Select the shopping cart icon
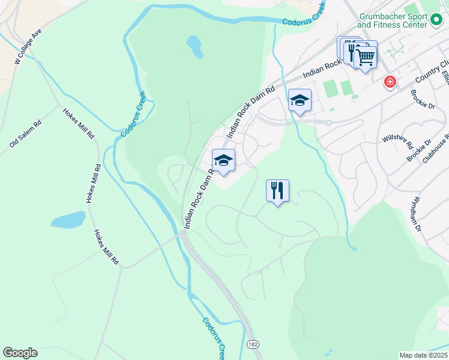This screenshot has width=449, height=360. click(x=365, y=57)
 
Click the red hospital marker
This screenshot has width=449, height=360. click(x=390, y=82)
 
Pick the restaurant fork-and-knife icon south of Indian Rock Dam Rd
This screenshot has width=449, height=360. click(x=277, y=191)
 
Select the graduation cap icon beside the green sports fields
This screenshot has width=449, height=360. click(x=300, y=100)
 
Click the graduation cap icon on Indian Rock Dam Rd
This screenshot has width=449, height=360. click(x=223, y=160)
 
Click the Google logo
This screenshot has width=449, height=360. click(x=20, y=353)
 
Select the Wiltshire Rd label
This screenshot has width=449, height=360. click(x=397, y=140)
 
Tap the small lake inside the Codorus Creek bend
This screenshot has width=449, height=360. click(x=194, y=44)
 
